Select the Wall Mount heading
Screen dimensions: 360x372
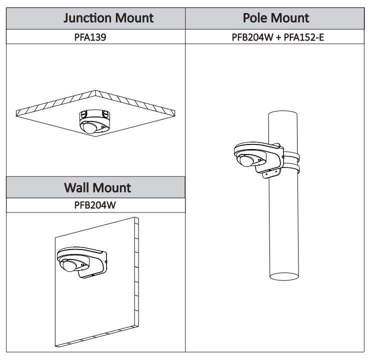[97, 187]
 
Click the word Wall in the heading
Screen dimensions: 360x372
[76, 187]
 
